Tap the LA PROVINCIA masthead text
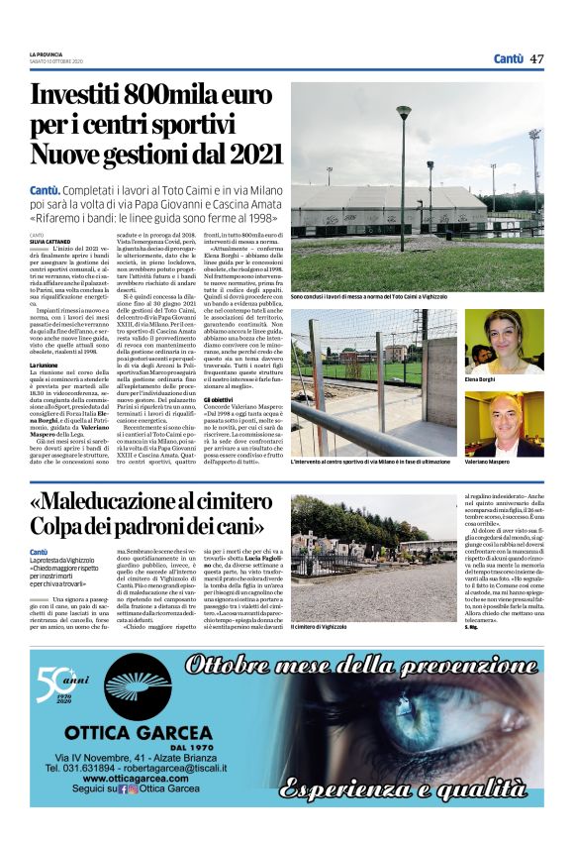tap(47, 54)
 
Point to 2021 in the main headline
tap(248, 155)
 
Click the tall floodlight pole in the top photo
tap(404, 168)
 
